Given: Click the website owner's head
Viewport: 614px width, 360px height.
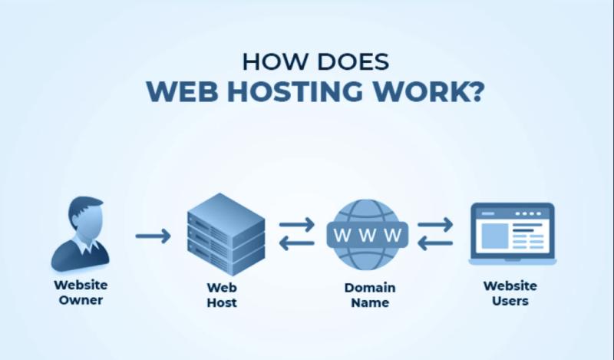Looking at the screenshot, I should pyautogui.click(x=84, y=216).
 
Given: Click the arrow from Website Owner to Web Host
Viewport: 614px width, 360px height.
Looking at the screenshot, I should pyautogui.click(x=153, y=236).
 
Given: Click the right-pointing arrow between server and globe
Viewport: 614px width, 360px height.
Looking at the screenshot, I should pyautogui.click(x=296, y=225).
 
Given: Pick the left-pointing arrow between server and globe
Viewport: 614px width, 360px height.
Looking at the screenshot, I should pyautogui.click(x=296, y=244).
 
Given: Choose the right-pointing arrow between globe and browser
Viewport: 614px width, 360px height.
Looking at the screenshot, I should pyautogui.click(x=435, y=225).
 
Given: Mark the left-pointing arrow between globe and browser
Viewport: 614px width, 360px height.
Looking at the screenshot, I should pyautogui.click(x=435, y=244).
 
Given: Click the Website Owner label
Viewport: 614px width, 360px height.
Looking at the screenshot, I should pyautogui.click(x=81, y=292).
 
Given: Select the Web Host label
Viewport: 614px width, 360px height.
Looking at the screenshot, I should pyautogui.click(x=222, y=295).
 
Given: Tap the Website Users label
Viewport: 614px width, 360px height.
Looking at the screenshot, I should pyautogui.click(x=510, y=293).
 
